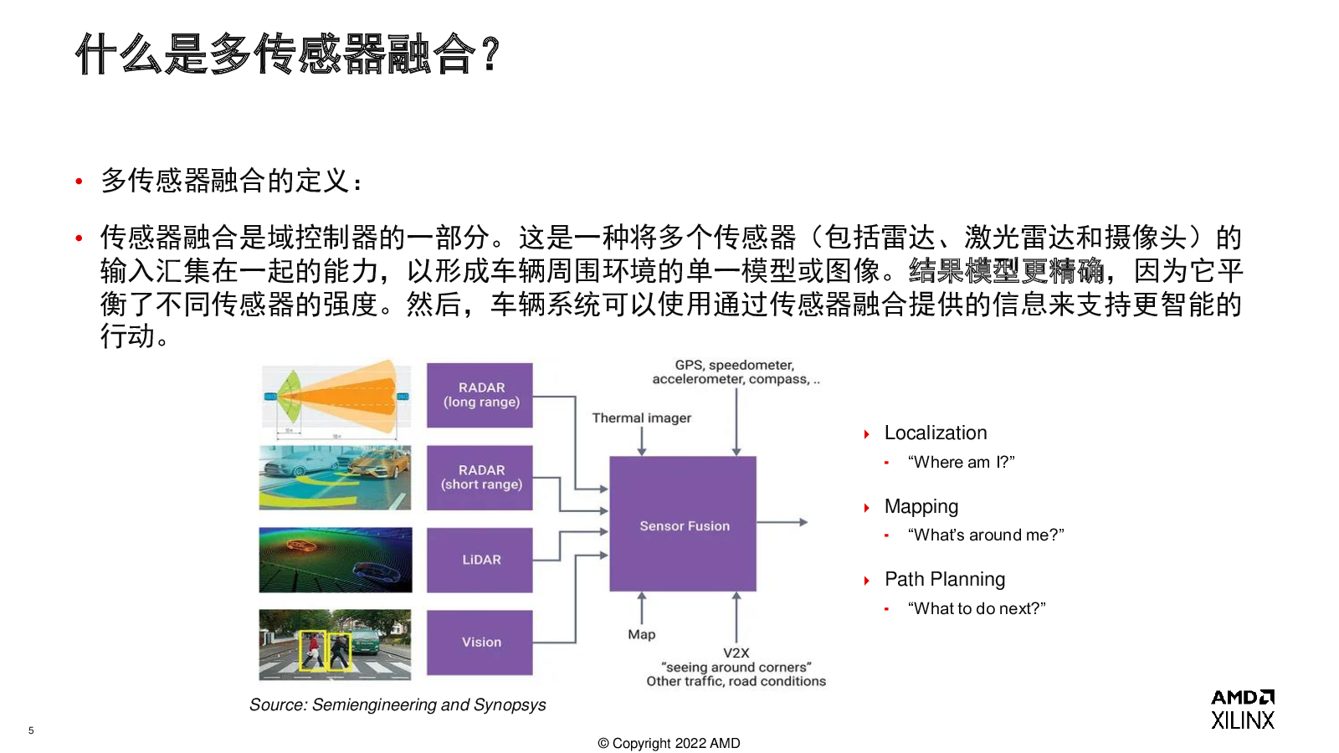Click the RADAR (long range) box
click(480, 395)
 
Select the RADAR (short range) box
click(480, 478)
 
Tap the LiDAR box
click(480, 560)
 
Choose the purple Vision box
click(480, 643)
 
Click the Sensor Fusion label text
click(685, 526)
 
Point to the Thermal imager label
click(641, 417)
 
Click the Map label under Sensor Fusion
click(641, 634)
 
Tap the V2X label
click(736, 653)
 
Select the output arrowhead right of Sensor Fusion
click(804, 522)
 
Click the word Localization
click(936, 433)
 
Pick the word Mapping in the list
click(921, 507)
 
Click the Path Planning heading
click(945, 580)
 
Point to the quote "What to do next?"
click(977, 608)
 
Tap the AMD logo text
click(1243, 697)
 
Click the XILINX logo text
click(1243, 720)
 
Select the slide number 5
click(31, 730)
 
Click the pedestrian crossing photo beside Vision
click(335, 645)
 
